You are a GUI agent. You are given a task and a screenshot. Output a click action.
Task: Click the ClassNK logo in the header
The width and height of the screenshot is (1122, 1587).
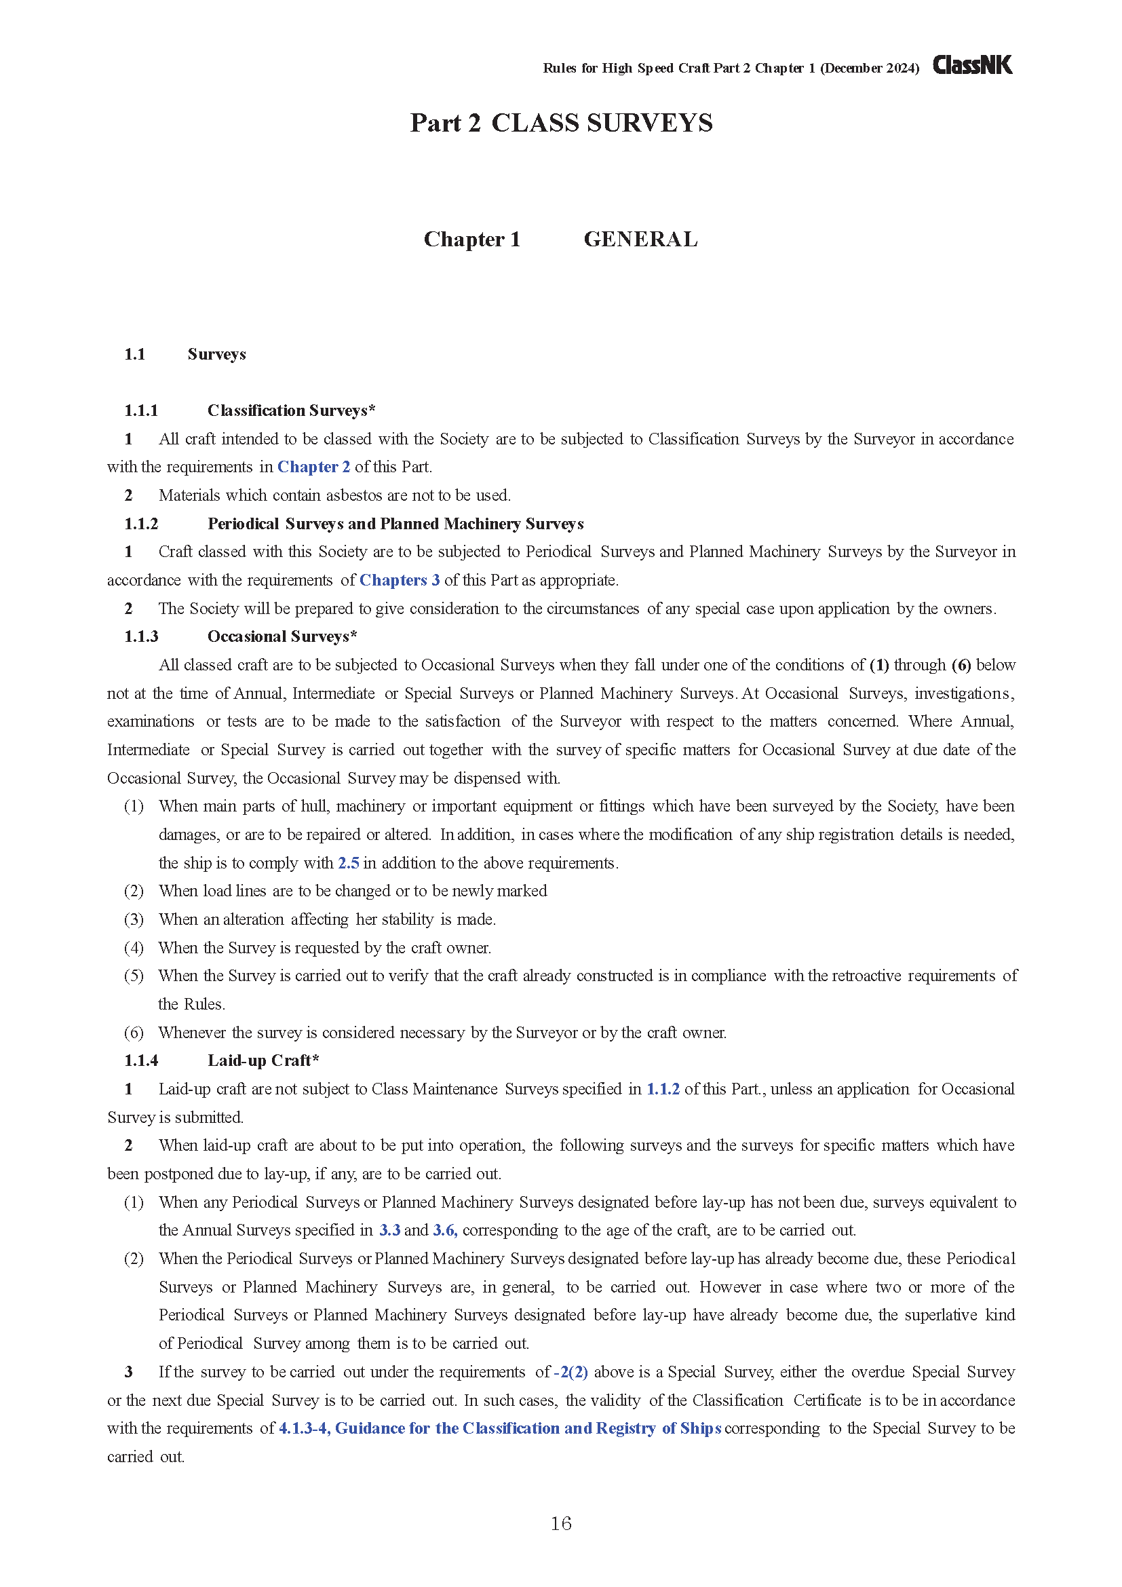click(x=972, y=66)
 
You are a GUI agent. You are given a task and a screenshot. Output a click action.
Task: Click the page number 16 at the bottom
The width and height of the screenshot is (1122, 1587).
click(x=560, y=1523)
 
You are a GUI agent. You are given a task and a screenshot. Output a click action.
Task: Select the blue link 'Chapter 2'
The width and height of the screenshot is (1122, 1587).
click(x=313, y=467)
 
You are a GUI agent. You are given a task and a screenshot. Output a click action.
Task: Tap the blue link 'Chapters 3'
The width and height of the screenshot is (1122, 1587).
click(x=400, y=580)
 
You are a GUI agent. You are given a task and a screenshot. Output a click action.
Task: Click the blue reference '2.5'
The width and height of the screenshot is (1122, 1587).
click(x=348, y=862)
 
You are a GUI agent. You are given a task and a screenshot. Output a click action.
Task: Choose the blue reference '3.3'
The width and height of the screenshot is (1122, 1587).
click(x=389, y=1229)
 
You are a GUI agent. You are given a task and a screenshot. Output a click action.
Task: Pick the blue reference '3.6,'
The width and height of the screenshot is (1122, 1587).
click(x=445, y=1229)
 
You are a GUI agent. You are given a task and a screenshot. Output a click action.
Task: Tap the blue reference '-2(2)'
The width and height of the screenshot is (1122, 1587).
click(x=570, y=1371)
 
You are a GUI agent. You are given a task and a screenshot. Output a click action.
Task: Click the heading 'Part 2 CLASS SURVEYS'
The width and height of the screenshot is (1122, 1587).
click(x=561, y=123)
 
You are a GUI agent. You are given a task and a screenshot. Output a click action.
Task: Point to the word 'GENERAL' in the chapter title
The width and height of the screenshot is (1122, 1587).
click(x=640, y=239)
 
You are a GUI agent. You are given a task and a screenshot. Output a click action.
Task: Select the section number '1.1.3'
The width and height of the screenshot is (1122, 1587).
click(x=141, y=636)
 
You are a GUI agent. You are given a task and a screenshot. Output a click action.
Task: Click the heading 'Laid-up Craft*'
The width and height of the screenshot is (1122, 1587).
click(x=263, y=1060)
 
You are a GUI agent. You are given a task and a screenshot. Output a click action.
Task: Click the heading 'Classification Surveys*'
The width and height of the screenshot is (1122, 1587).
click(x=291, y=410)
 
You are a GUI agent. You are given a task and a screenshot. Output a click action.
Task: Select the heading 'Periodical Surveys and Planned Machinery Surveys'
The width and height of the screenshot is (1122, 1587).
click(x=395, y=524)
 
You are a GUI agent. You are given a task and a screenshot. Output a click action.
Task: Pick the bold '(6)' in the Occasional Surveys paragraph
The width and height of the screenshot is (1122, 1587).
click(x=961, y=665)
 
